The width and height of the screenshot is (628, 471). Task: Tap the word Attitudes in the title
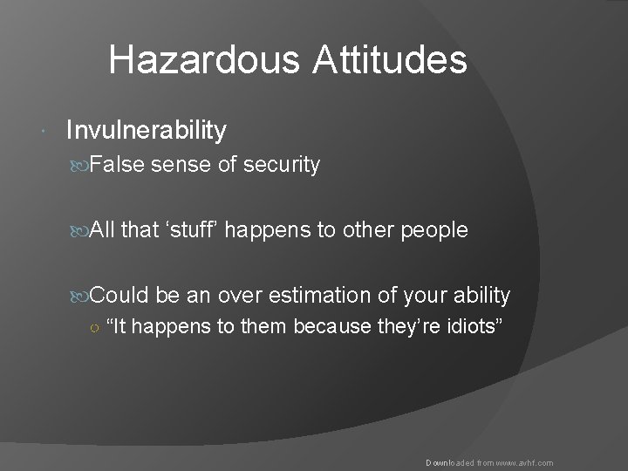(x=389, y=61)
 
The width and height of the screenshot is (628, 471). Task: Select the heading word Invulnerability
(x=147, y=131)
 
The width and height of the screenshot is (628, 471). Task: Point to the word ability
(x=478, y=294)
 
